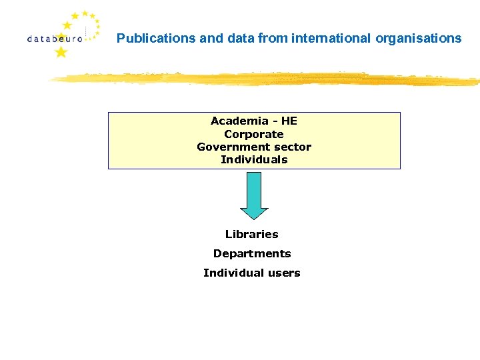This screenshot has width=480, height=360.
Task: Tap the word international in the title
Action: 331,39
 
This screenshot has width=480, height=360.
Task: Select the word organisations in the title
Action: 419,39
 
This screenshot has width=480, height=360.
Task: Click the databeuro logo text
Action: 55,39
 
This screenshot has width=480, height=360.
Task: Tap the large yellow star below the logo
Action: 61,52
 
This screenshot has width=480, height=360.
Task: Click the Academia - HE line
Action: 254,121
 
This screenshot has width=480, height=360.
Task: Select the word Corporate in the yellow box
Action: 254,134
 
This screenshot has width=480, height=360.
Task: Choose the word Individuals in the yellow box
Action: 254,159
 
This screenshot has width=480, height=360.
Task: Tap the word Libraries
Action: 252,234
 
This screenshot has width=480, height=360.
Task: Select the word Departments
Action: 252,253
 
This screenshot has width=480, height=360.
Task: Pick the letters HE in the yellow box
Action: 289,121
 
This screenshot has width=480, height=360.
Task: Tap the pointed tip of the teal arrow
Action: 254,218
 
